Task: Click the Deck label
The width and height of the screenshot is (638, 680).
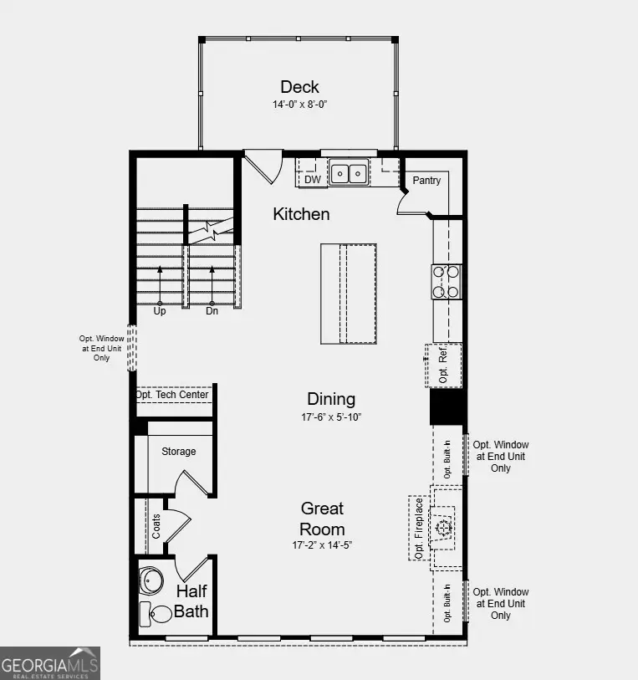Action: coord(299,87)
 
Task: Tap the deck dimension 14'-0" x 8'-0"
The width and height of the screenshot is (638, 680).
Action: coord(299,105)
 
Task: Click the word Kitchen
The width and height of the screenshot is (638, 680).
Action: coord(301,214)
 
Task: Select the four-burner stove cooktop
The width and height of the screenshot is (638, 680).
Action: coord(447,281)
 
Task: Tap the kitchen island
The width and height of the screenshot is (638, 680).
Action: coord(348,294)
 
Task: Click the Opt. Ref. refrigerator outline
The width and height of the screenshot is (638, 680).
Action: coord(444,366)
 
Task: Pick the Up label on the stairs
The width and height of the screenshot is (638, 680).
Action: coord(160,311)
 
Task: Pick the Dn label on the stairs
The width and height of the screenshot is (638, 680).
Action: coord(212,311)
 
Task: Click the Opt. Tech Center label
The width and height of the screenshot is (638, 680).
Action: coord(172,395)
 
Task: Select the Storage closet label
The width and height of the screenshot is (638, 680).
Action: coord(179,452)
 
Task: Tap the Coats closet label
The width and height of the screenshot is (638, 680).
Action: coord(156,526)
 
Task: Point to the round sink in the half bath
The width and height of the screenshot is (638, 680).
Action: coord(151,580)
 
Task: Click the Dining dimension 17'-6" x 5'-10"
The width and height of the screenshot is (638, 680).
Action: coord(331,417)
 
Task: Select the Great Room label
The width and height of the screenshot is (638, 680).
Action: coord(322,519)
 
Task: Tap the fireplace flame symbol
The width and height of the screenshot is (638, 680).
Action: coord(442,527)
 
